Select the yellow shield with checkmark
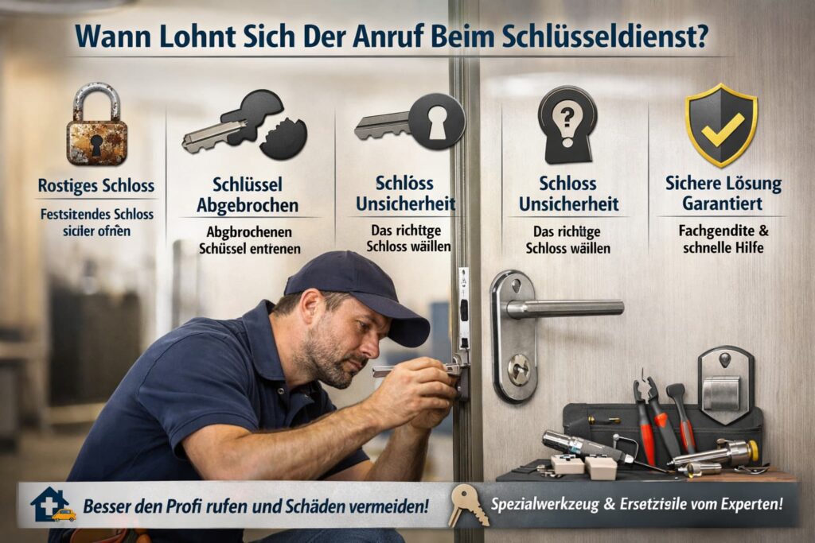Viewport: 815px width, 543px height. [x=721, y=126]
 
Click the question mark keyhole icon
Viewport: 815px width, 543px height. [x=567, y=124]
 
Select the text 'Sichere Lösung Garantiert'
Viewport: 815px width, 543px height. [x=723, y=193]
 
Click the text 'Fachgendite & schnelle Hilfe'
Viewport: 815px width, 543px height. [x=723, y=239]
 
